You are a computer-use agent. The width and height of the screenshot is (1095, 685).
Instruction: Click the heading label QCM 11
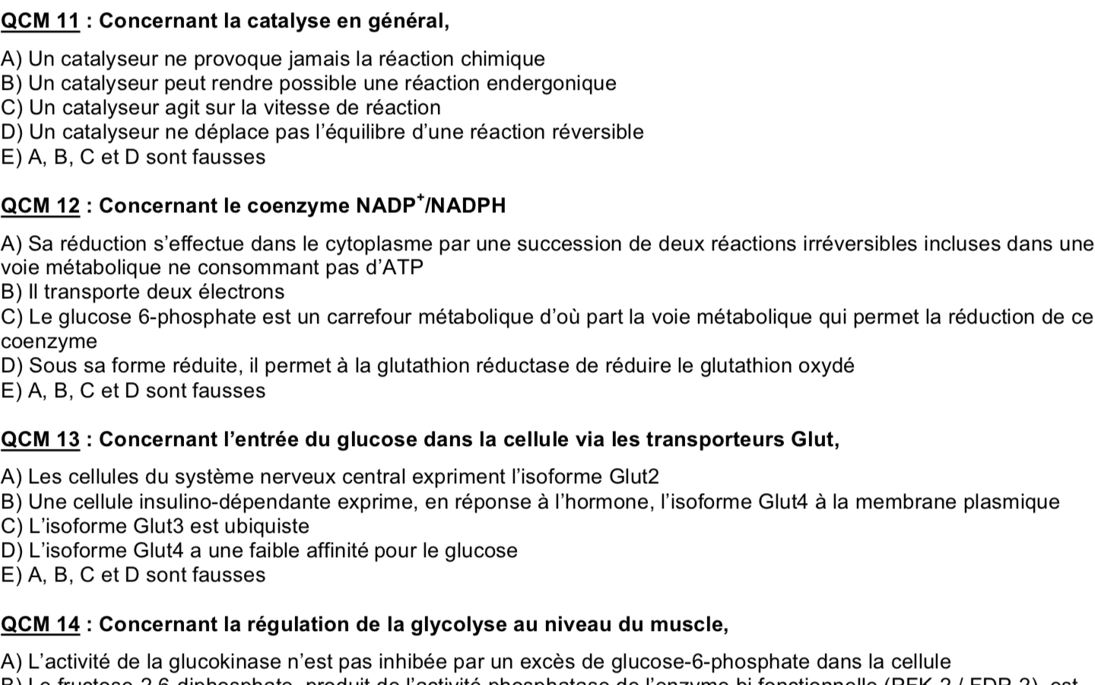click(x=40, y=21)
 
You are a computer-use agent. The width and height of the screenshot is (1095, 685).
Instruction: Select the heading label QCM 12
click(x=40, y=205)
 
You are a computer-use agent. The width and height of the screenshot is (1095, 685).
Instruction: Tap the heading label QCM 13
click(x=40, y=439)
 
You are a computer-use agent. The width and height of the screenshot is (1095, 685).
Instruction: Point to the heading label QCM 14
click(x=40, y=624)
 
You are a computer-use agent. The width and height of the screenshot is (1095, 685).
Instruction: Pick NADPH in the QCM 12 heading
click(x=468, y=205)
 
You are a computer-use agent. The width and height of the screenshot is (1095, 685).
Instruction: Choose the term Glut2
click(x=634, y=476)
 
